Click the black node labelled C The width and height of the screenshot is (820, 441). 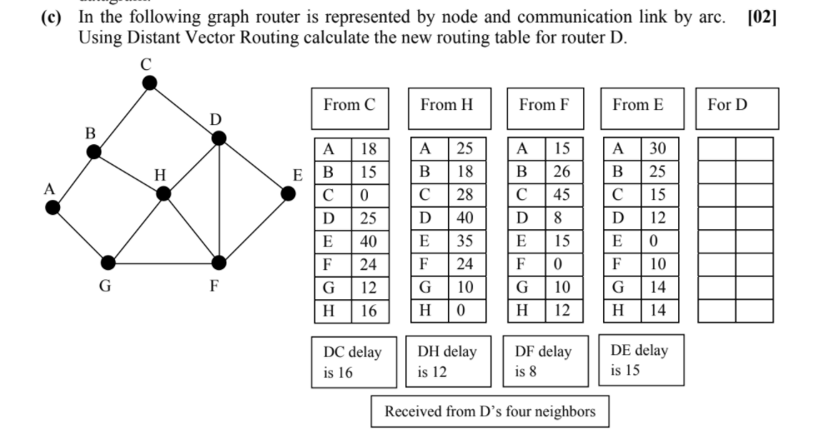pyautogui.click(x=149, y=82)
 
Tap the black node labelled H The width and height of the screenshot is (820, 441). pyautogui.click(x=163, y=193)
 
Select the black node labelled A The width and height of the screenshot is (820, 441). pyautogui.click(x=53, y=208)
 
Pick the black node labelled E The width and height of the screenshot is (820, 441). pyautogui.click(x=288, y=193)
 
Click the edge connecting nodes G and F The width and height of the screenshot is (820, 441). pyautogui.click(x=163, y=263)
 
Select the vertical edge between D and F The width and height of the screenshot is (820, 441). pyautogui.click(x=219, y=200)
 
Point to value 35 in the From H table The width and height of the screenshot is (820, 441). pyautogui.click(x=465, y=242)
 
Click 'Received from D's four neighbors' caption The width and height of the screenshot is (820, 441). pyautogui.click(x=490, y=411)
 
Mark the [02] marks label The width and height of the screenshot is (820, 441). pyautogui.click(x=762, y=18)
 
